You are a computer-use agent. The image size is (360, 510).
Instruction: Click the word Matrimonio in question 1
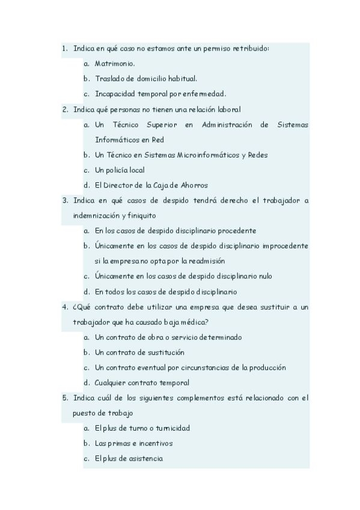click(x=115, y=63)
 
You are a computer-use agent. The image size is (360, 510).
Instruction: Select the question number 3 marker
click(x=65, y=200)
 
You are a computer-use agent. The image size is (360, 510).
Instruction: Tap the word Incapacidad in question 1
click(x=115, y=93)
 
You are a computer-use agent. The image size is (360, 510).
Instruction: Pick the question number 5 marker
click(x=65, y=398)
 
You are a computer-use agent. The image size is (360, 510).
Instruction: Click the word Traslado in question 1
click(x=109, y=78)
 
